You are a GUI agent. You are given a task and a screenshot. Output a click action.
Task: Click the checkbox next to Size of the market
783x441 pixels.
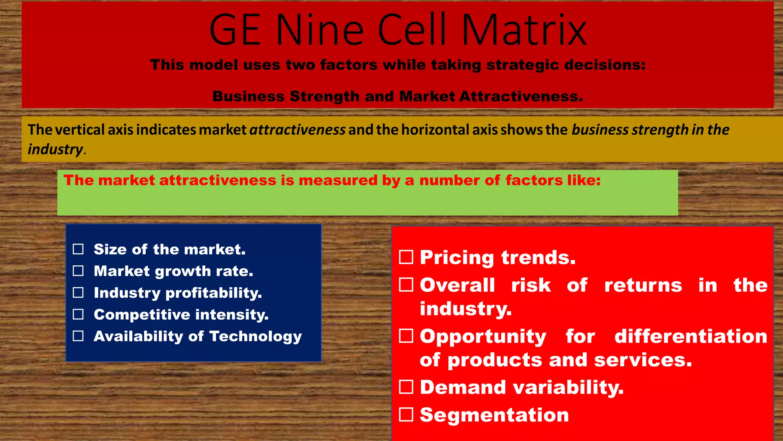click(78, 249)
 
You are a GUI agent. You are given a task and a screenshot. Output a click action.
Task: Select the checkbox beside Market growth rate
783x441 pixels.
click(78, 271)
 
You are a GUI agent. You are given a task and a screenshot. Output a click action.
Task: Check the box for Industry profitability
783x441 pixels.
click(78, 293)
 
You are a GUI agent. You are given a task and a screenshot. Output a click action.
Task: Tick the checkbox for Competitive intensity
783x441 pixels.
click(78, 314)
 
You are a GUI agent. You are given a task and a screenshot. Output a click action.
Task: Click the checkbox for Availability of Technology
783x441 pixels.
click(78, 336)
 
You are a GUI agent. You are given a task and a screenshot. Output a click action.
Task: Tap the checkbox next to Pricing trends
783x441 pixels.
click(406, 257)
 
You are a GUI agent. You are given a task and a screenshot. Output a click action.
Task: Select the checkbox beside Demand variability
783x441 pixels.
click(406, 387)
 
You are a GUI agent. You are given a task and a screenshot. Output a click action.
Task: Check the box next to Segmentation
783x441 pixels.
click(406, 415)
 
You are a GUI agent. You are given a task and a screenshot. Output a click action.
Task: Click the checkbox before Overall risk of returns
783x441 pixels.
click(406, 285)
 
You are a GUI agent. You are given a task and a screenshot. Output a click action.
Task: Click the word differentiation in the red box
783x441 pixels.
click(690, 336)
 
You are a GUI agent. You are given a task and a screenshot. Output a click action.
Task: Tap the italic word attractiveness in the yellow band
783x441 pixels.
click(297, 130)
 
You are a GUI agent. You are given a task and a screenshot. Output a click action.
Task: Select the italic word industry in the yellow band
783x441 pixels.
click(55, 149)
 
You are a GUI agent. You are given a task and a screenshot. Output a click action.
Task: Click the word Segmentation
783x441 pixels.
click(494, 415)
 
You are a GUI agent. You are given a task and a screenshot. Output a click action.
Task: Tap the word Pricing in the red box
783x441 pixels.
click(457, 258)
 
